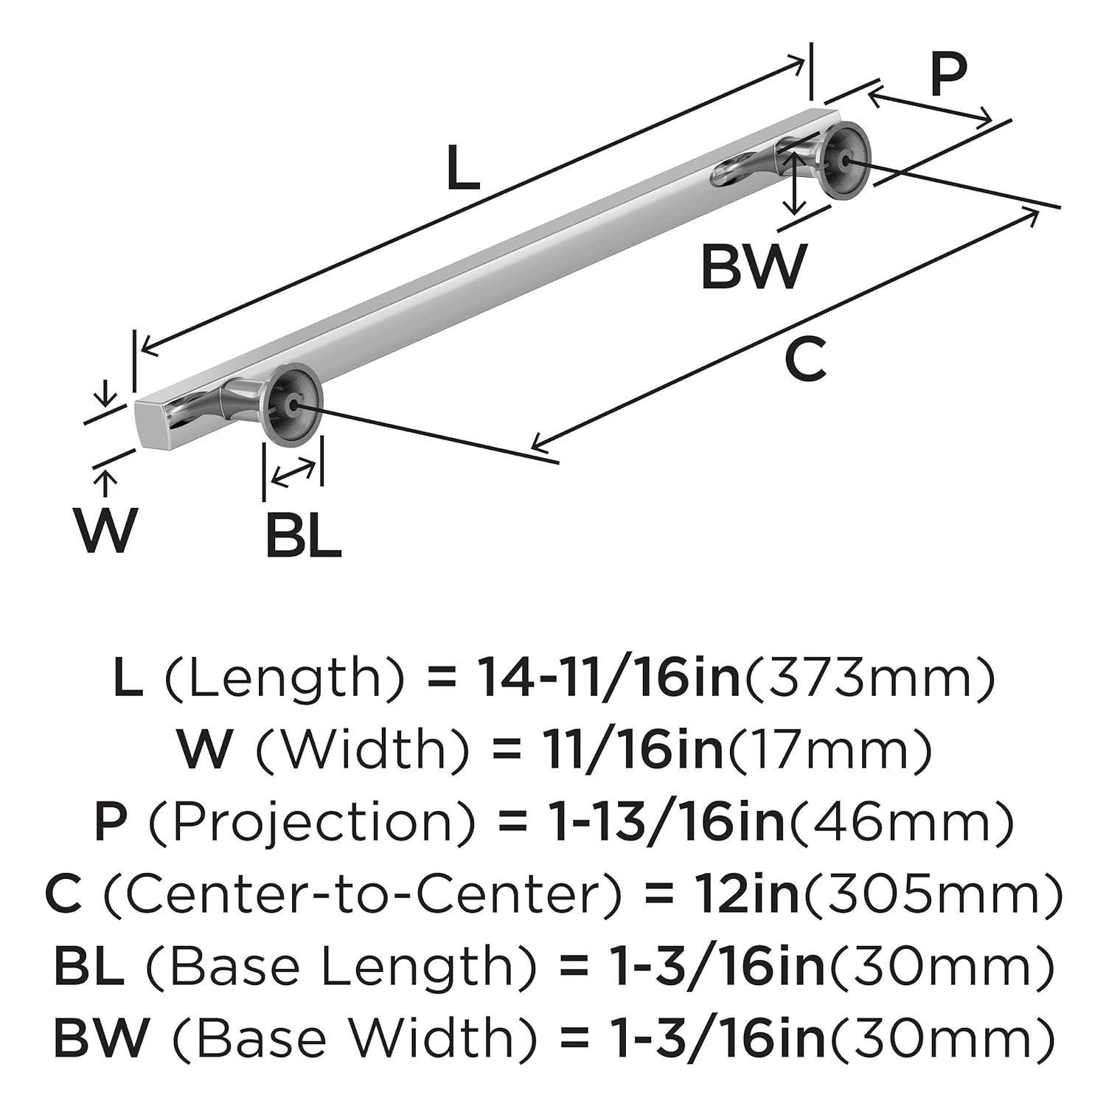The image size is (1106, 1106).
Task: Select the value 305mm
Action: pos(931,891)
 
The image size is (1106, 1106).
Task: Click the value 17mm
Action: pos(828,748)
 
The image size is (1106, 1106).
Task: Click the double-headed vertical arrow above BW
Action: pos(793,181)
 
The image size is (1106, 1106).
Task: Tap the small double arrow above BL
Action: pos(293,472)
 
